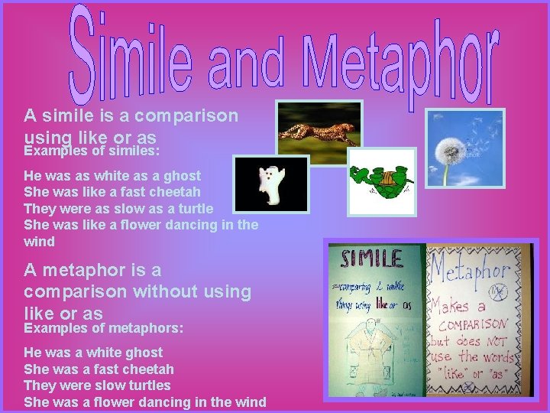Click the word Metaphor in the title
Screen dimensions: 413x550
(x=397, y=61)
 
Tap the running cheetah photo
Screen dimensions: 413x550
(x=319, y=123)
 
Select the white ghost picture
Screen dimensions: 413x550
(x=270, y=184)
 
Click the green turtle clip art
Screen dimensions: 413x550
(x=381, y=181)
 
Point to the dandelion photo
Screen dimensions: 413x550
(x=465, y=148)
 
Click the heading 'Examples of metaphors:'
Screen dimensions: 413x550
(x=104, y=327)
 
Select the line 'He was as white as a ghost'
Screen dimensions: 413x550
(x=112, y=175)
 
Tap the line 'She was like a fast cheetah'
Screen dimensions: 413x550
(x=112, y=192)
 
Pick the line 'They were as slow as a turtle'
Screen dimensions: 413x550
(x=118, y=209)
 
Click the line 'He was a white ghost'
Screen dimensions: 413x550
(x=93, y=353)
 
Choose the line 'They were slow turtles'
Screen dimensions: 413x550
(x=97, y=385)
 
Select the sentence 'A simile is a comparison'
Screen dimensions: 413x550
(x=131, y=116)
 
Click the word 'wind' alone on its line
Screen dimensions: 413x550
(x=40, y=242)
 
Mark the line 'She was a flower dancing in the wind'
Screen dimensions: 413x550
(x=145, y=402)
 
